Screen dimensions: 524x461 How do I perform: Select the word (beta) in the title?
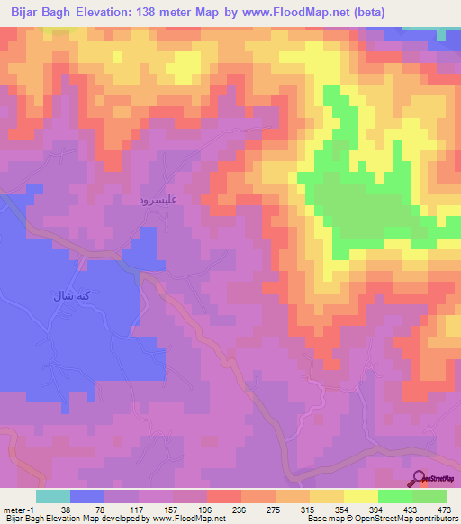click(370, 12)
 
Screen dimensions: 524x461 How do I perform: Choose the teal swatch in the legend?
click(53, 495)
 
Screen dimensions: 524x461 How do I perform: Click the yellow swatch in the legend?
click(361, 495)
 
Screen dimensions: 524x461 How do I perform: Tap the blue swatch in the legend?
click(87, 495)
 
